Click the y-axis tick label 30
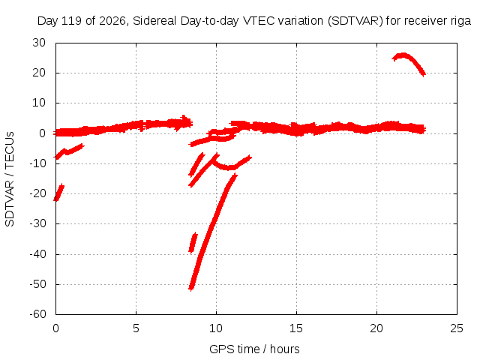39,43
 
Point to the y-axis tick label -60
37,314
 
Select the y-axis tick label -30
37,223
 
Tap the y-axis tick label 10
39,103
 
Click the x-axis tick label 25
457,328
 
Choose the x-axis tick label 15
296,328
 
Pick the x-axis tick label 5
136,328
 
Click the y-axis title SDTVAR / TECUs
10,179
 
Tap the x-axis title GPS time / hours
254,349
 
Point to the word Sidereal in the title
154,21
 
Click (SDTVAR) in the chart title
355,21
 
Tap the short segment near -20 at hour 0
58,192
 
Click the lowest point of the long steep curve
191,289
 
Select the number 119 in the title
72,21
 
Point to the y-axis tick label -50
37,283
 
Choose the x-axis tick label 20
376,328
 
